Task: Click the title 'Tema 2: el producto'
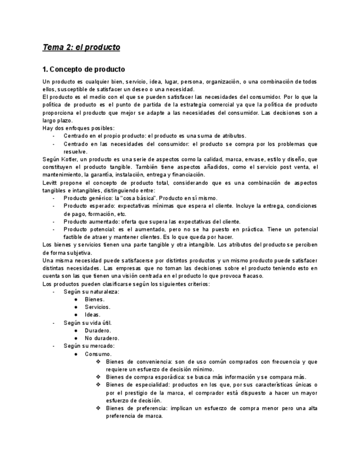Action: coord(81,47)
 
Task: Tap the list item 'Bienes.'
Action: coord(95,299)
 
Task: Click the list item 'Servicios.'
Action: coord(97,307)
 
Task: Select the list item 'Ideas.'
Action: coord(93,315)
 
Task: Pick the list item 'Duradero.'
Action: coord(98,331)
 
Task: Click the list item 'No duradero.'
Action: coord(102,339)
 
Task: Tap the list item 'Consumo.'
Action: coord(98,354)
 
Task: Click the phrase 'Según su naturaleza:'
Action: coord(91,292)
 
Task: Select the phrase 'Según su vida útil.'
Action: coord(87,323)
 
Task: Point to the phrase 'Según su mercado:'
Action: coord(89,346)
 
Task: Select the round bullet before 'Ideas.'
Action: coord(76,315)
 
